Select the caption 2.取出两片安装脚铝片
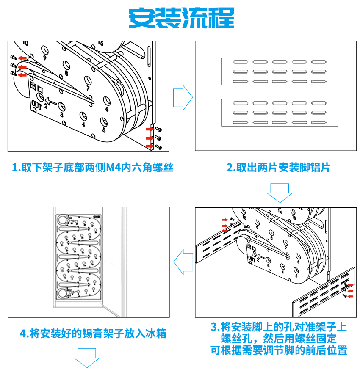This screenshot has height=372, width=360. [278, 168]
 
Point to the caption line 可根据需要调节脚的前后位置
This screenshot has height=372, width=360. [279, 350]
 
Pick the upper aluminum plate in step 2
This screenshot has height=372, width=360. [280, 72]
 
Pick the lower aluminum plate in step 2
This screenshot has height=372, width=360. [280, 113]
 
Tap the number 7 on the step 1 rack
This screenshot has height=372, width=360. [88, 88]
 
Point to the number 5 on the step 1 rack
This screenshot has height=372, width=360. [104, 130]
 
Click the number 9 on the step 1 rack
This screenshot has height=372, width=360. [45, 57]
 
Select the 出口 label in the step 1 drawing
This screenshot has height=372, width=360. [37, 88]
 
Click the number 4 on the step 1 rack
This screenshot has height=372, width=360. [83, 124]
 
